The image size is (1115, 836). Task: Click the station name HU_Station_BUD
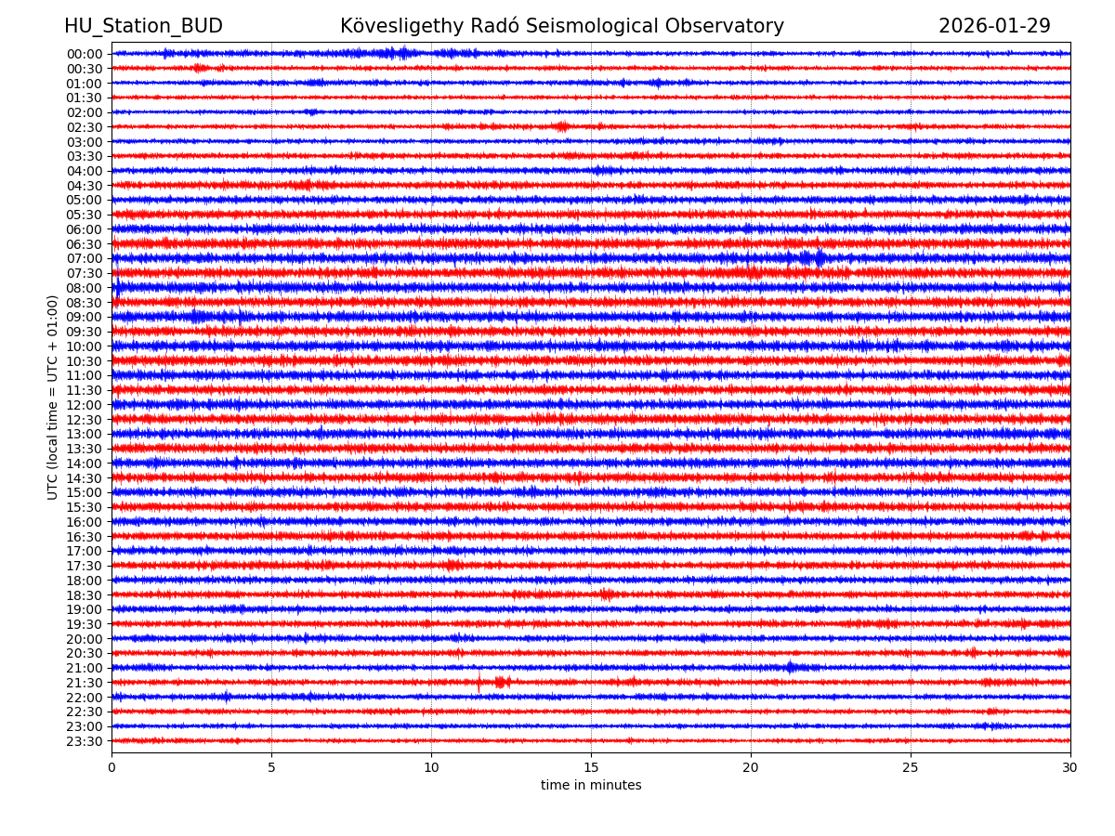[x=143, y=26]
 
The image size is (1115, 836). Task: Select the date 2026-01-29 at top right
[x=994, y=26]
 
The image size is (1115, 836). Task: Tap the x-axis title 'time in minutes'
[x=591, y=785]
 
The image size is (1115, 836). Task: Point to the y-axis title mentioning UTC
[x=53, y=397]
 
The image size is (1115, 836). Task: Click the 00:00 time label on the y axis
[x=85, y=54]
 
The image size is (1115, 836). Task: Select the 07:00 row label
[x=85, y=258]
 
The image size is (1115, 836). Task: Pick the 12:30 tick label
[x=85, y=420]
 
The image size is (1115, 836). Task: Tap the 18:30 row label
[x=85, y=595]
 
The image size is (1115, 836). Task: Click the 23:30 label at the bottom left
[x=85, y=741]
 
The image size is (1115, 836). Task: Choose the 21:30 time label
[x=85, y=683]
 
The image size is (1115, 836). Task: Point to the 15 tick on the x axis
[x=591, y=767]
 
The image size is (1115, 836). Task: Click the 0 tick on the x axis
[x=111, y=767]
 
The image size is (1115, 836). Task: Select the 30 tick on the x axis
[x=1070, y=767]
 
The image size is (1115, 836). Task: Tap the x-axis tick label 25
[x=911, y=767]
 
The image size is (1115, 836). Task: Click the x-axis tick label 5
[x=271, y=767]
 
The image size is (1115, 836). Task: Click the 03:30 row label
[x=85, y=156]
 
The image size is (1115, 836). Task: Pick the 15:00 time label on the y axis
[x=85, y=492]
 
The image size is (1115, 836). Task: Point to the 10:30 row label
[x=85, y=361]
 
